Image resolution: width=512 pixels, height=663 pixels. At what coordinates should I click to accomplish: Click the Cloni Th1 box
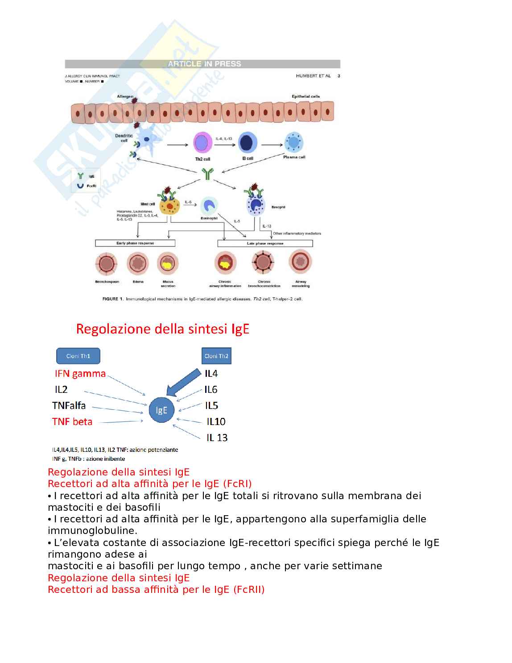point(78,356)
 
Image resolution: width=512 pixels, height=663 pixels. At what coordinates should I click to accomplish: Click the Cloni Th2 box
point(216,356)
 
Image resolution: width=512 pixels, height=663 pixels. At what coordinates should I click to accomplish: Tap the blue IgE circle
point(161,410)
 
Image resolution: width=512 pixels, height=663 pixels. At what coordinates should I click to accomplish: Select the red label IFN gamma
point(80,374)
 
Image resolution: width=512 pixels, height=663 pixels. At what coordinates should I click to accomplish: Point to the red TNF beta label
point(72,421)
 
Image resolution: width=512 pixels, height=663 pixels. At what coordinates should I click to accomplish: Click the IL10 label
point(216,421)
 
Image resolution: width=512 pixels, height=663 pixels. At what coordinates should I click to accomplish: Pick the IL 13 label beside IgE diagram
point(217,438)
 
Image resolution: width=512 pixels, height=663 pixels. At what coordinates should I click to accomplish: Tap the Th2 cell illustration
point(202,143)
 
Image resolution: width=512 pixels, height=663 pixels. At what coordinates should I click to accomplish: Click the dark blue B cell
point(248,143)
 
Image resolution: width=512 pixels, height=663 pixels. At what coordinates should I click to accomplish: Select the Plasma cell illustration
point(293,142)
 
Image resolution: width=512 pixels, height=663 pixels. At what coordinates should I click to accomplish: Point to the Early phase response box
point(135,243)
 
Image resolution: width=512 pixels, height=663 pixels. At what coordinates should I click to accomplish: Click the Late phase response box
point(265,243)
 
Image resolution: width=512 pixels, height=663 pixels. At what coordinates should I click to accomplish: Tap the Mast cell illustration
point(169,206)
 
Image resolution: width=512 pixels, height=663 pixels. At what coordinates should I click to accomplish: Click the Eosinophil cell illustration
point(209,206)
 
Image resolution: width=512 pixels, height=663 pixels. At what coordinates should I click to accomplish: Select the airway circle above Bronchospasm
point(107,263)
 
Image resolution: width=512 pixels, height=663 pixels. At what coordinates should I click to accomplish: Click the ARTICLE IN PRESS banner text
point(204,64)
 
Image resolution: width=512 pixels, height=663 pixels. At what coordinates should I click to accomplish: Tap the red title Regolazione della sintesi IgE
point(162,329)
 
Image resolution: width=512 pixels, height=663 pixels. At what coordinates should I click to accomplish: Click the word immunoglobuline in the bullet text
point(92,531)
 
